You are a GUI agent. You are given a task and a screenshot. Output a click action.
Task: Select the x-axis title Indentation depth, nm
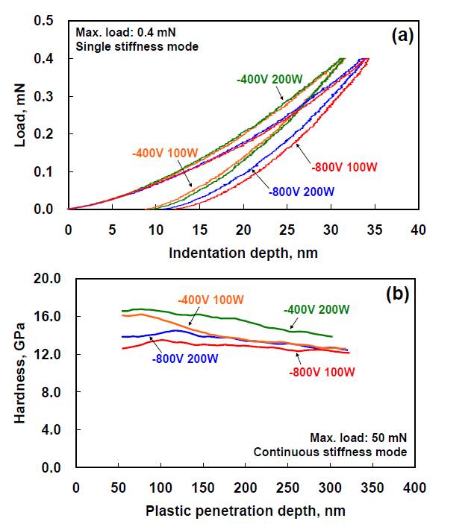click(x=243, y=252)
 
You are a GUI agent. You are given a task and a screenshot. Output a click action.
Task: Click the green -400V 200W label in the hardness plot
click(x=316, y=309)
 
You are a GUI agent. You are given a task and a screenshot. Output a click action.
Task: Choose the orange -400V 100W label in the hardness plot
click(x=211, y=300)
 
